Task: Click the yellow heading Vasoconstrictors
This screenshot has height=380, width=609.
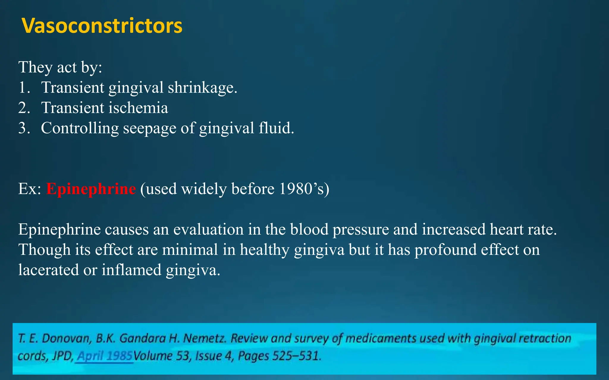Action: click(x=102, y=26)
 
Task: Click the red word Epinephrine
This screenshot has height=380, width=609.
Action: click(x=91, y=189)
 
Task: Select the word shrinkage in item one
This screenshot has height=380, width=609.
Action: click(x=202, y=88)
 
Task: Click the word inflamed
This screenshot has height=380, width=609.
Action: click(x=131, y=270)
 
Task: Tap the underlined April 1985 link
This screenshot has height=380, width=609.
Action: click(x=105, y=356)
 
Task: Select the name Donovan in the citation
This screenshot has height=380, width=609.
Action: click(x=66, y=338)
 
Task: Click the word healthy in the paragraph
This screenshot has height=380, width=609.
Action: click(x=264, y=250)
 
